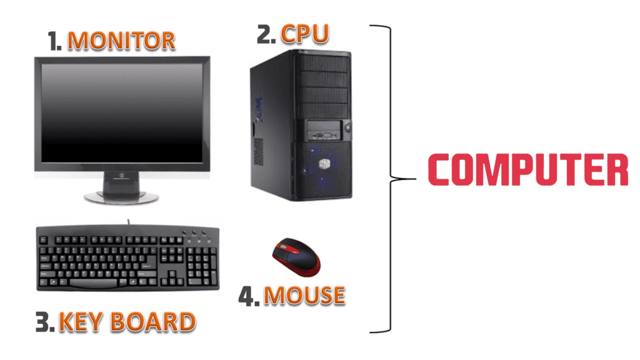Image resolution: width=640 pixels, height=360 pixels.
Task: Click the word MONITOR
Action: tap(121, 41)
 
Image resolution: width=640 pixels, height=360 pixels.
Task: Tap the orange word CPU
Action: tap(305, 34)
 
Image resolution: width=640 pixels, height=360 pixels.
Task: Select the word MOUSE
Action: tap(304, 295)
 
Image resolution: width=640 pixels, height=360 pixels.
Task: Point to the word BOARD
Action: tap(154, 322)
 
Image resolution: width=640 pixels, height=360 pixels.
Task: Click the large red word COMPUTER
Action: tap(528, 169)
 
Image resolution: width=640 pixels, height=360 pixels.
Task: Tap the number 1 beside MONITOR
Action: tap(54, 41)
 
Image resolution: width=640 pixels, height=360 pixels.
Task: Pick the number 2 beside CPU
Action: tap(266, 34)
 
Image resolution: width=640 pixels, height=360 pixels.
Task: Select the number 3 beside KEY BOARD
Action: tap(44, 322)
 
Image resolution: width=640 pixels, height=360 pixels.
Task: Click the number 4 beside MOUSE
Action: tap(249, 296)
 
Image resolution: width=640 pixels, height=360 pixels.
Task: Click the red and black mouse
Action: tap(297, 257)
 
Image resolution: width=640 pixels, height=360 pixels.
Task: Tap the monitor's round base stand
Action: tap(121, 197)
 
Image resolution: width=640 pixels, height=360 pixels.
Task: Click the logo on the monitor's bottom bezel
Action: tap(121, 176)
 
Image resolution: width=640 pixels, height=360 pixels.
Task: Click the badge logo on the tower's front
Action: tap(324, 164)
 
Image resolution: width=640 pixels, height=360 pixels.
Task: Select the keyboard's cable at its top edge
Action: tap(129, 222)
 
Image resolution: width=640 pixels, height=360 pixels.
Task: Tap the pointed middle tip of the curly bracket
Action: tap(416, 179)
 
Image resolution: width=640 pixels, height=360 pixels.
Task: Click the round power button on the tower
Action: tap(347, 127)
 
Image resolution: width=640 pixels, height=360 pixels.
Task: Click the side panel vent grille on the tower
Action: tap(258, 151)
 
